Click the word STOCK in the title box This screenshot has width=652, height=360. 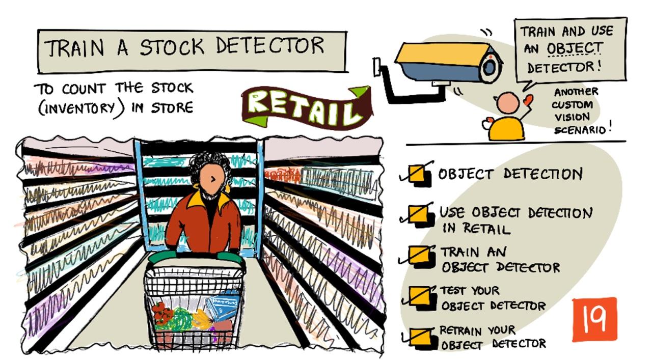coord(172,46)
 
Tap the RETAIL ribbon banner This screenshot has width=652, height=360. coord(306,107)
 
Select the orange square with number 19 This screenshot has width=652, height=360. coord(594,319)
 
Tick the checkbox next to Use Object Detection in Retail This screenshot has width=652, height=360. coord(419,215)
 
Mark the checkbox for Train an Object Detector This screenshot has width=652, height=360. coord(419,256)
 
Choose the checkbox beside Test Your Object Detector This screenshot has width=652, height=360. coord(421,297)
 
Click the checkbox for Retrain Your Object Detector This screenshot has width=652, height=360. coord(421,338)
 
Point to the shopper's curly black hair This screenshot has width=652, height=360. coord(209,166)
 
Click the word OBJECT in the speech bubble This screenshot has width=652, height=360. coord(574,48)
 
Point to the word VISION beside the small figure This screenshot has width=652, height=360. coord(572,117)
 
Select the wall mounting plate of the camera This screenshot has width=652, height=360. coord(376,67)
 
